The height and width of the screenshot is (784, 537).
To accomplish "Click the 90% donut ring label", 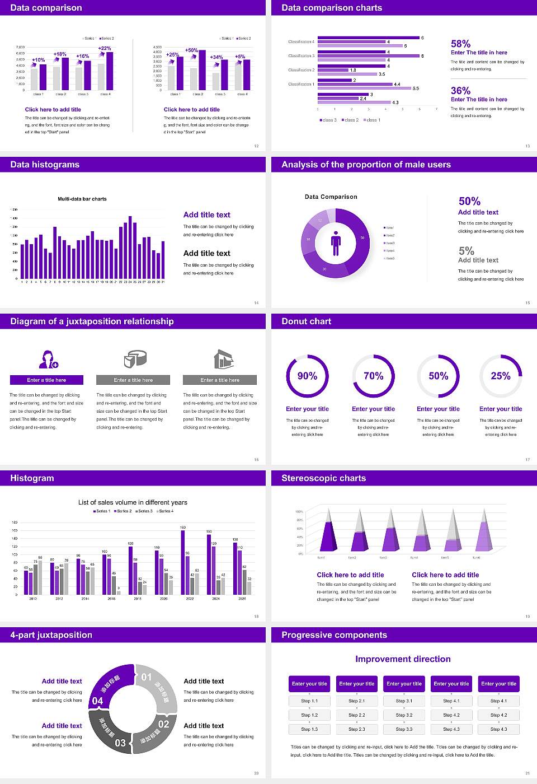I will [307, 376].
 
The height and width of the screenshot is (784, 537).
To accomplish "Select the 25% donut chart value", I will [501, 376].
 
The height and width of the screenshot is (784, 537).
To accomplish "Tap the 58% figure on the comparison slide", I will [460, 44].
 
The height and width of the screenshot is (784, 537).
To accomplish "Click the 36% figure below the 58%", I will [460, 91].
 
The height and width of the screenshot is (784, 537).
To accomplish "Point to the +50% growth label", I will [191, 50].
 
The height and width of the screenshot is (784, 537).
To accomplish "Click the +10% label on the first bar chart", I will [38, 60].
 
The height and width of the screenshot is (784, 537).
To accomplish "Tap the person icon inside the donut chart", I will [336, 242].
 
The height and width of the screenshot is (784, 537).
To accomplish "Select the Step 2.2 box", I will [357, 715].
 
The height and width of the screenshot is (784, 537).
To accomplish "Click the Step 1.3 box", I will [309, 729].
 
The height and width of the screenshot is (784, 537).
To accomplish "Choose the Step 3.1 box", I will [404, 701].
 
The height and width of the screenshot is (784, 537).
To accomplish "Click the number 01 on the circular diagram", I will [147, 677].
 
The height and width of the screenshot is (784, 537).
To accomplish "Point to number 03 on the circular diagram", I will [120, 743].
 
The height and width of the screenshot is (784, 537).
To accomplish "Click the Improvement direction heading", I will [403, 659].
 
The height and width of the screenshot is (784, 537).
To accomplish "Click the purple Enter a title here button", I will [47, 380].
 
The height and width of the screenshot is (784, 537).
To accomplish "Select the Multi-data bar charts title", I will [82, 199].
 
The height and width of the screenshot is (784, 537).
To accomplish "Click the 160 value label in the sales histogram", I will [183, 528].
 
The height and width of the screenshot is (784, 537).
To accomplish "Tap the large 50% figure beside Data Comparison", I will [469, 201].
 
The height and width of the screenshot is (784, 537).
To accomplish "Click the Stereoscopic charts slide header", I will [323, 478].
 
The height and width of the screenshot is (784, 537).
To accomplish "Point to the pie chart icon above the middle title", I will [134, 359].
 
